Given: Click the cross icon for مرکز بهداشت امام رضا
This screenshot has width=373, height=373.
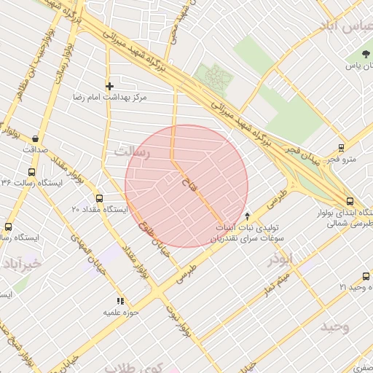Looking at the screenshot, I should click(x=110, y=86).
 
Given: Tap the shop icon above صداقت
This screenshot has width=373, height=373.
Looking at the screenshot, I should click(x=36, y=138).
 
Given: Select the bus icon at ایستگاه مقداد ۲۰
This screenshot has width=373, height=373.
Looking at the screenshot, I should click(x=100, y=198).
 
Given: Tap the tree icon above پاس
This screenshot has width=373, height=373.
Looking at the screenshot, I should click(x=366, y=55).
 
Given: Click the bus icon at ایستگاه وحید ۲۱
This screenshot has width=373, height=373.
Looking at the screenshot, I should click(x=366, y=276).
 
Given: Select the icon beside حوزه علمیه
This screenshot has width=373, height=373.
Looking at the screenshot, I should click(x=120, y=300).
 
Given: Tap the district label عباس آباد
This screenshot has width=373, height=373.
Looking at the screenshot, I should click(x=345, y=27).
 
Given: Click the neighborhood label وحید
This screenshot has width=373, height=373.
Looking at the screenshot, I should click(x=334, y=326).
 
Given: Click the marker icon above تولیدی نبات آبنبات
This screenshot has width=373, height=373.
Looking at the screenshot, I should click(x=247, y=216).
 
